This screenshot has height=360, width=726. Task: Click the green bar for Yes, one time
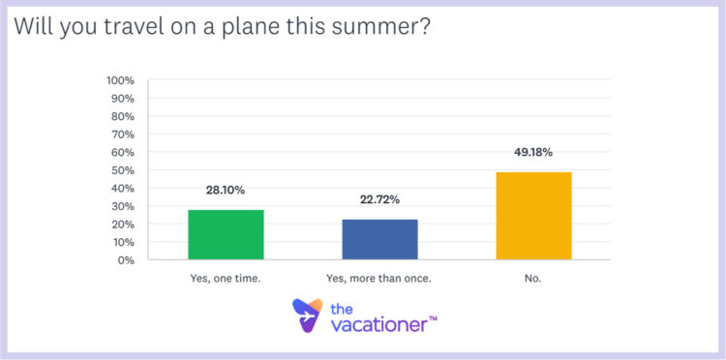click(x=226, y=234)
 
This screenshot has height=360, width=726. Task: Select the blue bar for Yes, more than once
click(x=379, y=239)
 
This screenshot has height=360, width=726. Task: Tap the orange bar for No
click(x=533, y=216)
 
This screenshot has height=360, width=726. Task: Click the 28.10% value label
click(x=226, y=192)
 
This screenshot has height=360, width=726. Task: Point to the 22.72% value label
click(x=379, y=201)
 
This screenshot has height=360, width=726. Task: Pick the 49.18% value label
click(x=533, y=153)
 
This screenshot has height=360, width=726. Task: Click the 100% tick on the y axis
click(x=122, y=79)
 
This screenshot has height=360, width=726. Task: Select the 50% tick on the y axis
click(x=125, y=169)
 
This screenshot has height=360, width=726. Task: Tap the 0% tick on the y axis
click(x=128, y=259)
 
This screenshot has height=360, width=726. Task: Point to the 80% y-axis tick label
click(x=125, y=115)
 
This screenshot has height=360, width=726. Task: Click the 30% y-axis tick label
click(x=125, y=206)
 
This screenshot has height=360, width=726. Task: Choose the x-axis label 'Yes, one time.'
click(x=226, y=279)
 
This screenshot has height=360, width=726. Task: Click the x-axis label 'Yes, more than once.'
click(x=379, y=279)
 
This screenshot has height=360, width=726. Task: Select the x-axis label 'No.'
click(x=533, y=279)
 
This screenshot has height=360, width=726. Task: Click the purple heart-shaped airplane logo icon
click(x=307, y=315)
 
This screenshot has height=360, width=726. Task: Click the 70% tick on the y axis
click(x=125, y=134)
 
